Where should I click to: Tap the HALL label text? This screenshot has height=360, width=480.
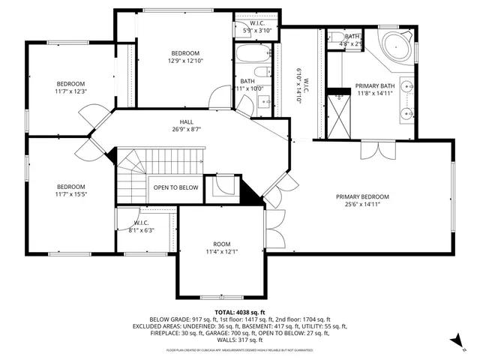pyautogui.click(x=186, y=121)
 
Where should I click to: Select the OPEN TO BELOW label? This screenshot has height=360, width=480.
pyautogui.click(x=176, y=187)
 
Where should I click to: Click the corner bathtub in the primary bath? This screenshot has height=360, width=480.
pyautogui.click(x=395, y=47)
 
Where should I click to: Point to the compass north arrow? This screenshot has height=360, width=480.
pyautogui.click(x=455, y=341)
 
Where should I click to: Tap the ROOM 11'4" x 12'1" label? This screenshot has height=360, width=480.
pyautogui.click(x=221, y=247)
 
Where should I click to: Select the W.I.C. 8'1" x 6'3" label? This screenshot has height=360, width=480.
pyautogui.click(x=142, y=226)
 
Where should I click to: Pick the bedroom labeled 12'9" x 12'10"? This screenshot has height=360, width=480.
pyautogui.click(x=184, y=56)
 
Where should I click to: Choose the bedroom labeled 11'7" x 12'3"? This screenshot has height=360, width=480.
pyautogui.click(x=71, y=87)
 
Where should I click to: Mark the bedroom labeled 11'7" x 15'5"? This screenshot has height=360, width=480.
pyautogui.click(x=71, y=190)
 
